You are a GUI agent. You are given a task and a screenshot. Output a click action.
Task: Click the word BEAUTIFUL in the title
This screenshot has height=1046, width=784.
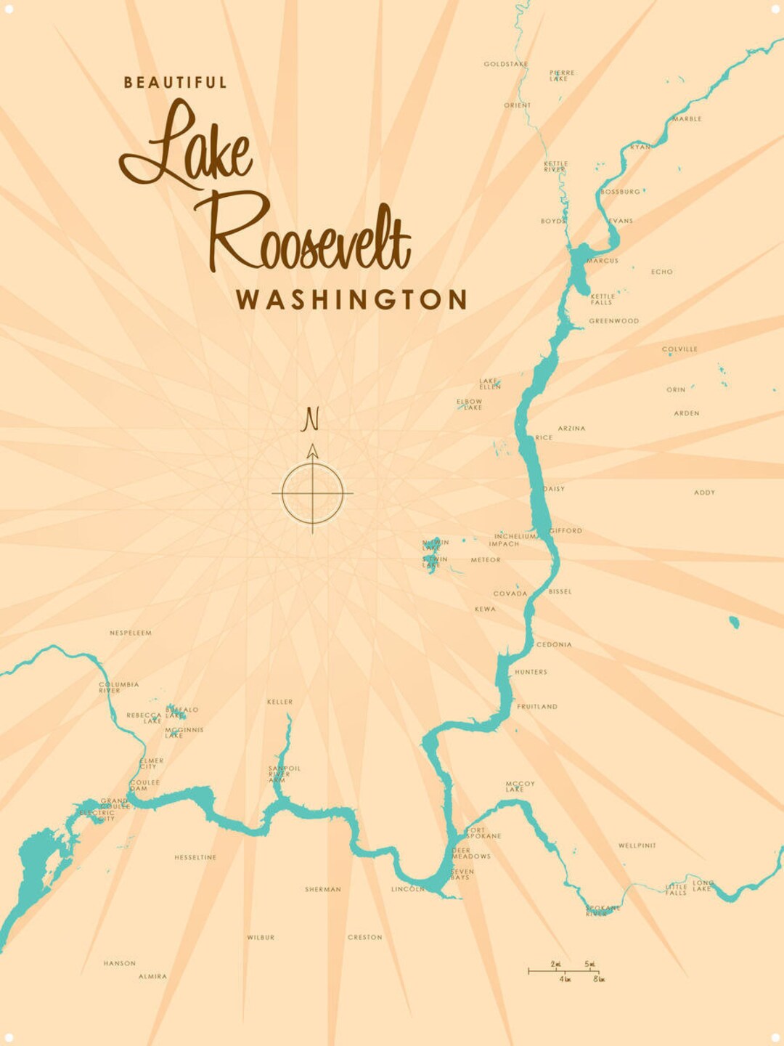point(175,83)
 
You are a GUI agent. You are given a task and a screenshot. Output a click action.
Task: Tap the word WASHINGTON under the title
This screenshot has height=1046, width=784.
point(351,299)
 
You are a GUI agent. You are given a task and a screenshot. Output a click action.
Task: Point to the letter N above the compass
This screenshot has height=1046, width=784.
point(311,419)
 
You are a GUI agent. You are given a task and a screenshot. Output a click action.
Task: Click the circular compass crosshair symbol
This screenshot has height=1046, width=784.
point(312,493)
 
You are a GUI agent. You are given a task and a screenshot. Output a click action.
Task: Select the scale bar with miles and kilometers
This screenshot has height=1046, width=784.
point(564,971)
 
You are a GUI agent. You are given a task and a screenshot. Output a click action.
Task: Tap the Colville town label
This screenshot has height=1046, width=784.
point(679,349)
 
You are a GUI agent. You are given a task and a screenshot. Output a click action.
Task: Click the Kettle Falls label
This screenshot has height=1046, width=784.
point(603,299)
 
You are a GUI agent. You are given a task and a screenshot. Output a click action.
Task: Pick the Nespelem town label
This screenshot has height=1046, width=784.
point(131,633)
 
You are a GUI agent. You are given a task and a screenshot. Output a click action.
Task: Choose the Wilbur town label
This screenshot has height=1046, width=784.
point(261,938)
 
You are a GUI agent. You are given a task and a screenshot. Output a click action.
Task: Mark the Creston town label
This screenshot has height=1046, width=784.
point(364,938)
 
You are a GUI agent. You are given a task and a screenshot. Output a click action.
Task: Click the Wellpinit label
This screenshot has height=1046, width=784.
point(637,846)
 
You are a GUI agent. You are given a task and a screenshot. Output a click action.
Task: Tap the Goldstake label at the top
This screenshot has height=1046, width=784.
point(506,64)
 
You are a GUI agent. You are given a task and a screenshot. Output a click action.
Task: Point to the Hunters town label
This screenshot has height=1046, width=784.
point(531,672)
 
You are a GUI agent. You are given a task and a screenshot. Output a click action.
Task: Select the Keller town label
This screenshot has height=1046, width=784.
point(279,702)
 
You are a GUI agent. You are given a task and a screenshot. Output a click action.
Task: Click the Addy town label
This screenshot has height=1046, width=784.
point(704,492)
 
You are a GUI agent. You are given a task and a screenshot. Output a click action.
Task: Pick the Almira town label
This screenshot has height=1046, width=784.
point(152,976)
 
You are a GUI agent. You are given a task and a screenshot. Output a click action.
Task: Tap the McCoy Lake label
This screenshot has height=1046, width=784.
point(520,786)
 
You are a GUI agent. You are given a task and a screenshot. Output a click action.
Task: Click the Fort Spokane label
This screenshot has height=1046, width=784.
point(483,832)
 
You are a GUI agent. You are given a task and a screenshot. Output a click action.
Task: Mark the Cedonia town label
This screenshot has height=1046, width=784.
point(554,644)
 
